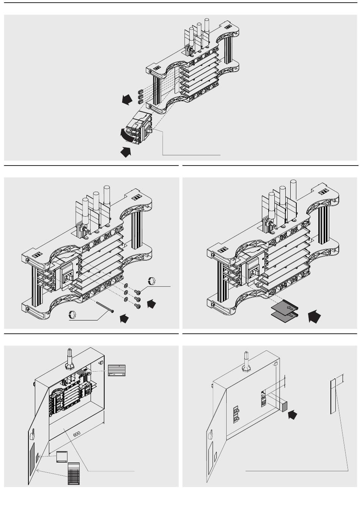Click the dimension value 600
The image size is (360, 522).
point(77,434)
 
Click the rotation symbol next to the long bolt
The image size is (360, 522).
point(74,314)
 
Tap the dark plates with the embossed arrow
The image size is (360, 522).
point(285,310)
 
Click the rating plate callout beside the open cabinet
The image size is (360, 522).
point(117,370)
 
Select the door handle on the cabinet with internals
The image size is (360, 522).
point(33,432)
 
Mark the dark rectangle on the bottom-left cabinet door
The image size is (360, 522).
point(32,459)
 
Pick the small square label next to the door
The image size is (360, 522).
point(61,457)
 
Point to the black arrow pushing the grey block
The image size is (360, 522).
point(292,415)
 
